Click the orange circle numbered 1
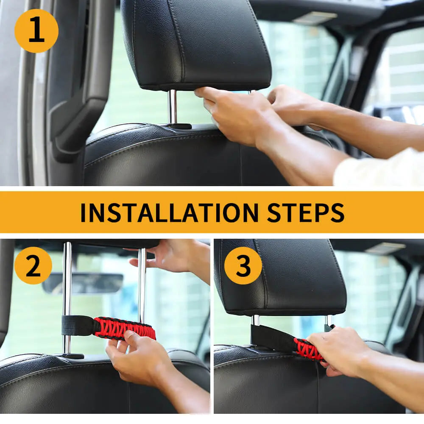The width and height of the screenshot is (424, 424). [x=36, y=31]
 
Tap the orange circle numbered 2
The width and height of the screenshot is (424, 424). [x=33, y=265]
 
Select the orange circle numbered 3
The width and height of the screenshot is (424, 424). [x=243, y=265]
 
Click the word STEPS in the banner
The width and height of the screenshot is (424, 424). [x=306, y=212]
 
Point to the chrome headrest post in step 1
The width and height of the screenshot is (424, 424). [x=173, y=107]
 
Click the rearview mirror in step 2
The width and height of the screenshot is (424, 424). [x=83, y=283]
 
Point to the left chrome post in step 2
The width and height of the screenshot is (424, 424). [x=67, y=298]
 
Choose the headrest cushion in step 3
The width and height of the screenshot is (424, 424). [x=280, y=277]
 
